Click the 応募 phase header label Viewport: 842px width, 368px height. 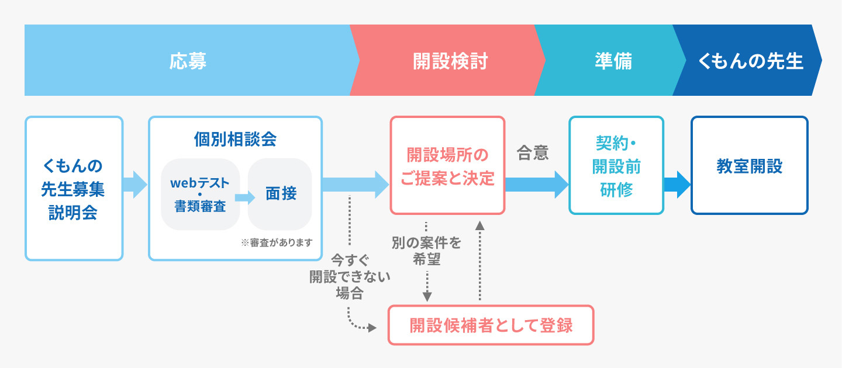tap(188, 61)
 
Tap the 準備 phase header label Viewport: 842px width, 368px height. tap(613, 61)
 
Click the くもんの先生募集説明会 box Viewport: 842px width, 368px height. tap(74, 188)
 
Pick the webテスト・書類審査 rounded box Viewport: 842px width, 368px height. tap(200, 194)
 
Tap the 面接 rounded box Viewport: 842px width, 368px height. tap(281, 194)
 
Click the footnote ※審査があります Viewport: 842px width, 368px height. tap(277, 242)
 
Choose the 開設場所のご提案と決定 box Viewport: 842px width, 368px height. tap(447, 166)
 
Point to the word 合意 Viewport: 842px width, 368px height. tap(533, 153)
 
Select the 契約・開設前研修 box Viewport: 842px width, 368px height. tap(616, 166)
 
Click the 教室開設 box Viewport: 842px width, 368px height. tap(749, 166)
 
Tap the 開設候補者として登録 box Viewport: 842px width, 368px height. tap(491, 325)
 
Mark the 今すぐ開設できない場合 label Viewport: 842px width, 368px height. tap(350, 276)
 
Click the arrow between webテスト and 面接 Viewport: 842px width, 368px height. tap(244, 197)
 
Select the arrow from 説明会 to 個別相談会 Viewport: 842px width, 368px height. tap(136, 185)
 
